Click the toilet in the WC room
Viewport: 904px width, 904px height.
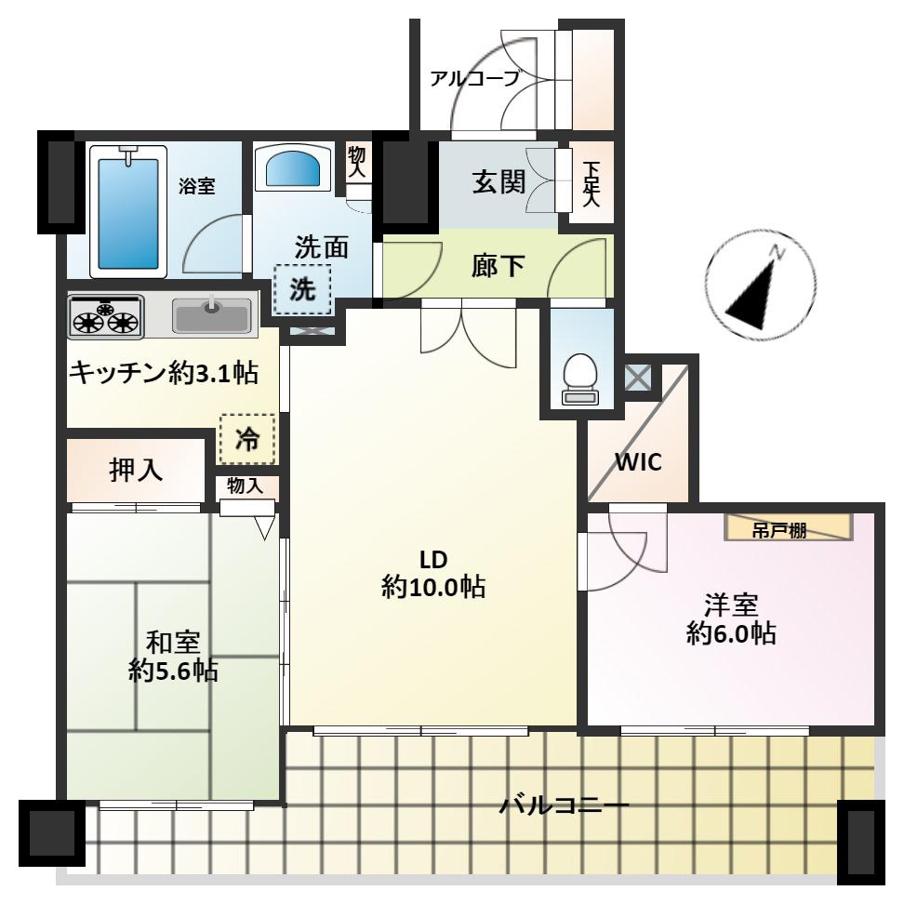(580, 379)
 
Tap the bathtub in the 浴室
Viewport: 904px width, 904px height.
(128, 211)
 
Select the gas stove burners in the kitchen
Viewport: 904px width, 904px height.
(105, 316)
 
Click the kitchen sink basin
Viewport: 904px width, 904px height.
(212, 314)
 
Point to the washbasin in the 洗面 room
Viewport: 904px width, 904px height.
(293, 167)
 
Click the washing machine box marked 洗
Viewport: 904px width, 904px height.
(302, 289)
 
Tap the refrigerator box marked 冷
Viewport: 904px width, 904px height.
(247, 439)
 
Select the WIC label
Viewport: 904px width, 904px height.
(638, 462)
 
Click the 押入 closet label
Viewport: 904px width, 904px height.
(136, 471)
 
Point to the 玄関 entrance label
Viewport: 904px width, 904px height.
(499, 182)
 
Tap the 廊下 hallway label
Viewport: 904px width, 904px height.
(498, 266)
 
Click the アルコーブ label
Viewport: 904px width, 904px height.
(475, 78)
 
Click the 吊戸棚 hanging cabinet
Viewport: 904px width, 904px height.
(788, 526)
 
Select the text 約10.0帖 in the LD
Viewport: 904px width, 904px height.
(433, 587)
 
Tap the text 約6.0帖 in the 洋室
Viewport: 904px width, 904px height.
(731, 633)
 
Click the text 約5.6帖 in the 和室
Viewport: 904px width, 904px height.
(173, 671)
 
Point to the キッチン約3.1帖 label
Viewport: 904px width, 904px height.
(163, 374)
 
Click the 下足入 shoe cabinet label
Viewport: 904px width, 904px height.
(591, 183)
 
